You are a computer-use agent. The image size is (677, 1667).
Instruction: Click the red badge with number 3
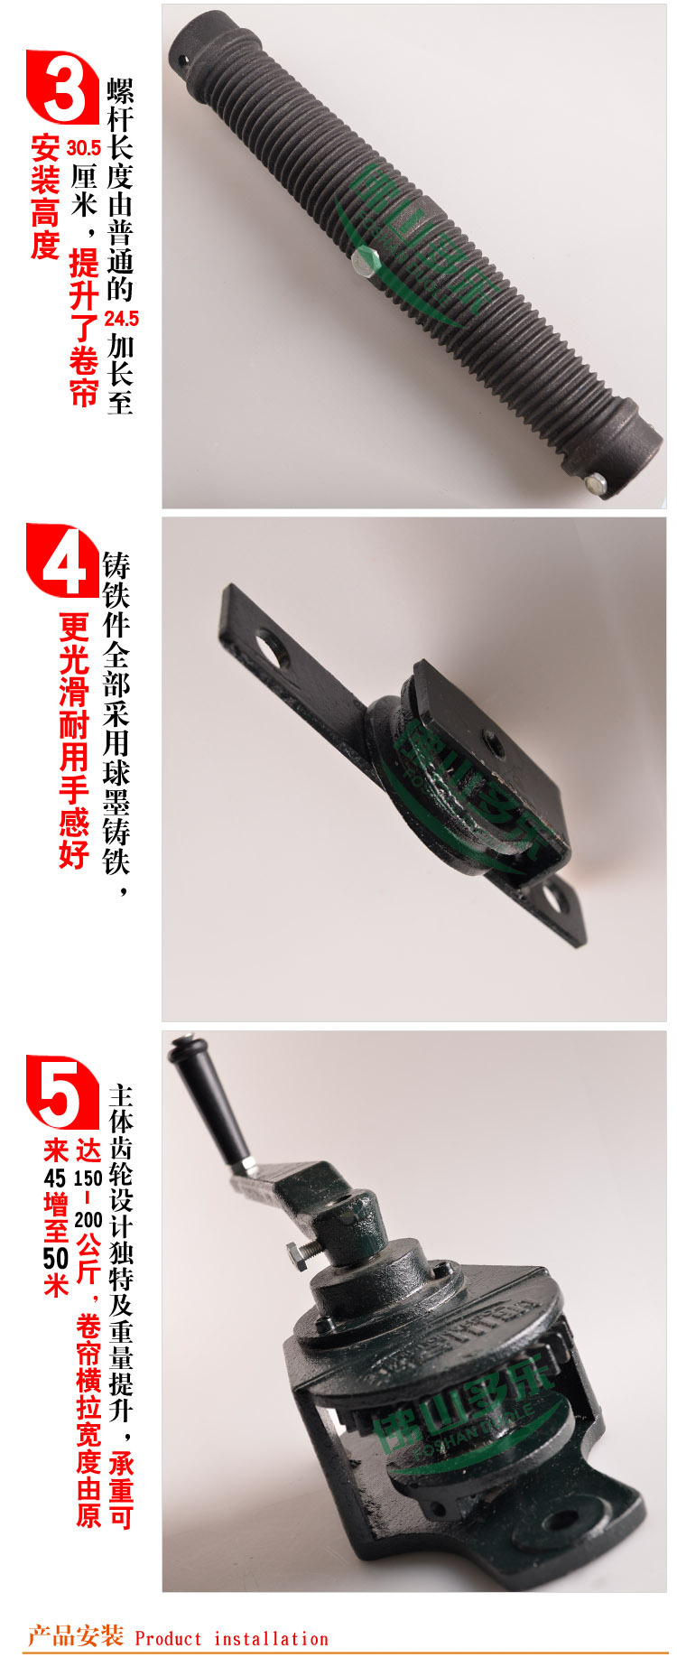(x=61, y=88)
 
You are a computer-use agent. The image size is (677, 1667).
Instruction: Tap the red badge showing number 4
(x=61, y=561)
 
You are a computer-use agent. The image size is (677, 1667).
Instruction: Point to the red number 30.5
(x=83, y=148)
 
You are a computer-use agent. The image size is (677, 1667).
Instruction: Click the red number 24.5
(x=121, y=319)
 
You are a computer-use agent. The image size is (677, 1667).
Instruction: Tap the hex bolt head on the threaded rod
(x=364, y=262)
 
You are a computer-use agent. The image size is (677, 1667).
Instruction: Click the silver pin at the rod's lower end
(x=594, y=483)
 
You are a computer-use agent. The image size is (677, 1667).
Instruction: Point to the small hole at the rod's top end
(x=183, y=61)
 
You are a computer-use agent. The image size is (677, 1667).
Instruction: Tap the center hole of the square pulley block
(x=494, y=746)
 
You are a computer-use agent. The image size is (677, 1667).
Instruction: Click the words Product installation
(x=231, y=1639)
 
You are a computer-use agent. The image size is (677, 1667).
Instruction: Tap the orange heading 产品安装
(x=76, y=1636)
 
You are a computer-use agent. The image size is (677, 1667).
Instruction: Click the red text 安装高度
(x=45, y=197)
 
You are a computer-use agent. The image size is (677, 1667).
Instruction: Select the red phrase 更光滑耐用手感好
(x=74, y=740)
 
